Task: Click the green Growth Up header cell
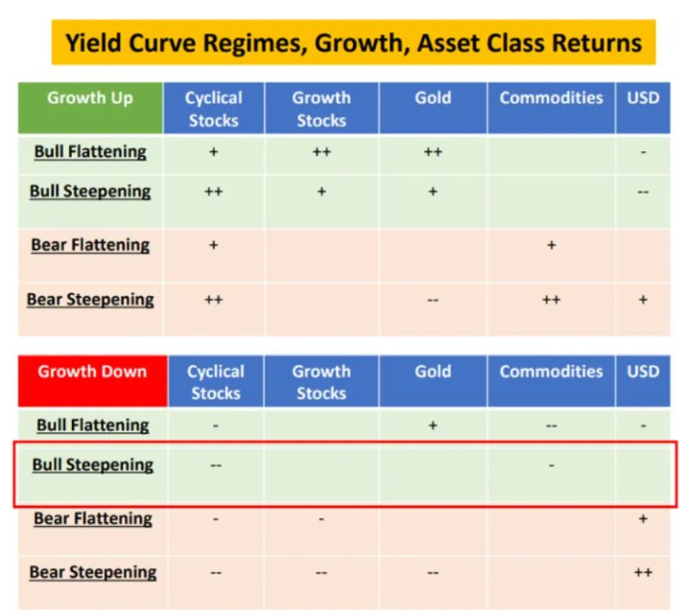pos(90,99)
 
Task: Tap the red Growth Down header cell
pos(92,372)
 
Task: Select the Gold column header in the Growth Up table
pos(432,99)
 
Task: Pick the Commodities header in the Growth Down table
pos(550,372)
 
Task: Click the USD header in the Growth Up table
pos(642,99)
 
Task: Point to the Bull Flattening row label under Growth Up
pos(90,151)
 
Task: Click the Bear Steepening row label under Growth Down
pos(92,573)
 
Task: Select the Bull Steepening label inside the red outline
pos(92,466)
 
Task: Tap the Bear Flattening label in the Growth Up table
pos(90,245)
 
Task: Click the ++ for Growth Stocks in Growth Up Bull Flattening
pos(321,152)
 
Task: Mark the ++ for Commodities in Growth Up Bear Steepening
pos(551,300)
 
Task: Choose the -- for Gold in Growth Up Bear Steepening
pos(432,300)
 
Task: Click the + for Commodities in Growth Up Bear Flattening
pos(551,246)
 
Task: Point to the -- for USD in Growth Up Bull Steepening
pos(642,192)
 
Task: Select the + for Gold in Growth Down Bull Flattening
pos(432,425)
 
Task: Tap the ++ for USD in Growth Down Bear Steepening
pos(642,573)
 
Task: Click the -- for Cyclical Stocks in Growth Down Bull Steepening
pos(216,466)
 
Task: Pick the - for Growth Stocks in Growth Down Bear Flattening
pos(321,519)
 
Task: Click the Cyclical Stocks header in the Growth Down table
pos(216,381)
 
